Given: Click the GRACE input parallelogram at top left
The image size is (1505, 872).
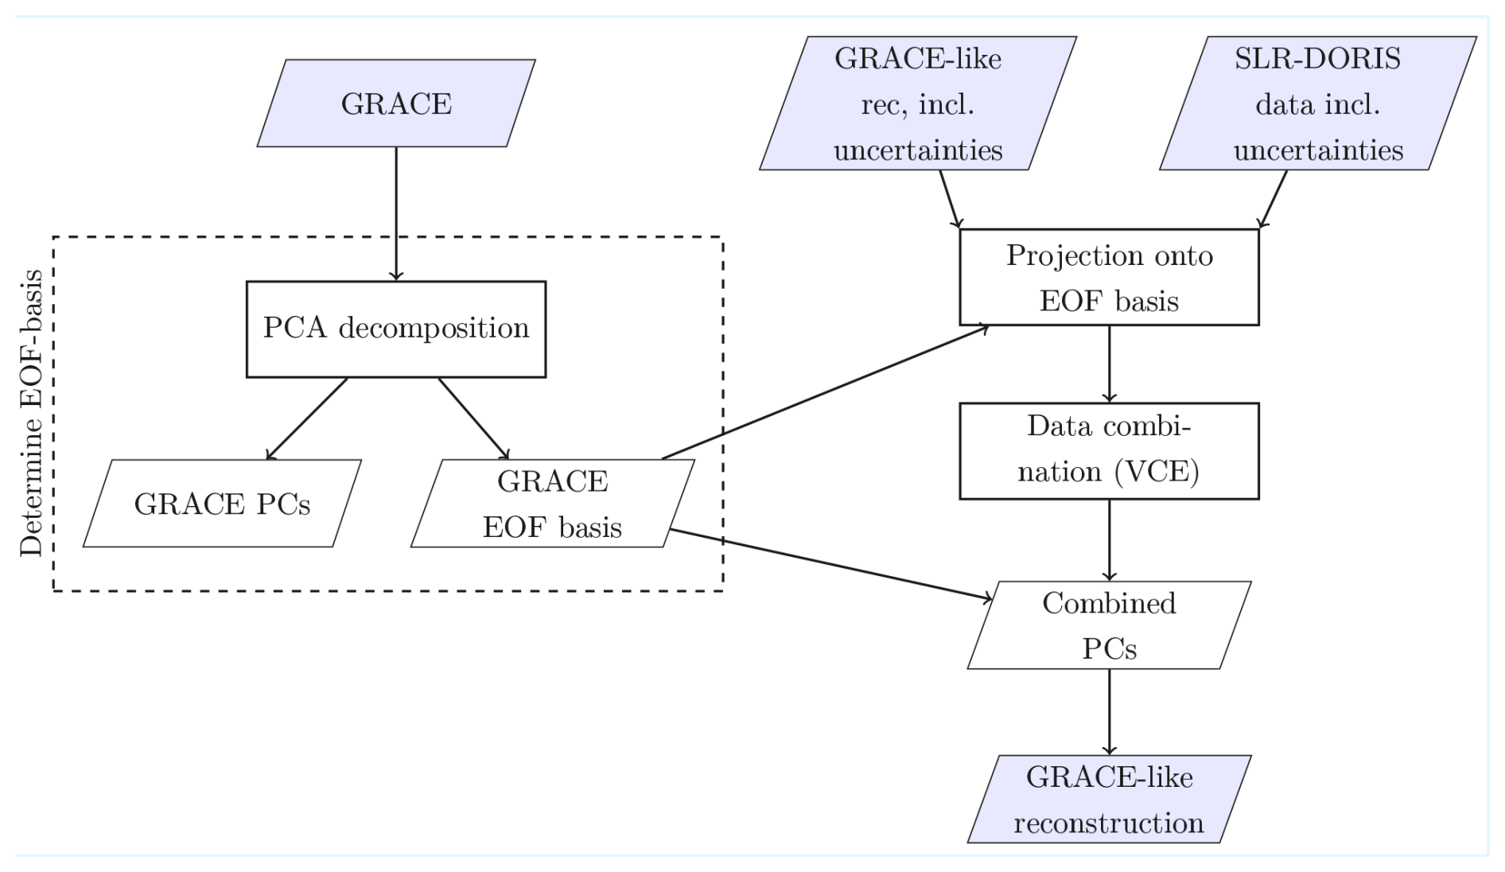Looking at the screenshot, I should pos(395,103).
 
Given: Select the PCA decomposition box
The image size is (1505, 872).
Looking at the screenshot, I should pos(395,329).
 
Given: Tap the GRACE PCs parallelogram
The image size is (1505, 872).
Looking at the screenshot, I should pos(222,504).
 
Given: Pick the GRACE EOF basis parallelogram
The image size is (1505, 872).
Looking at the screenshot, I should pos(552,504).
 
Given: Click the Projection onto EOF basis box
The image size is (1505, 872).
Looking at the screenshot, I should pos(1109,278).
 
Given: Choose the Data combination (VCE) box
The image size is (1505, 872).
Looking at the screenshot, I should pos(1109,451).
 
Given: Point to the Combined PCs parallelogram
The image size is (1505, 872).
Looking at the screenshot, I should pos(1109,625).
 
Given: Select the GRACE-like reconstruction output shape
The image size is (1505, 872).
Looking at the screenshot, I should pos(1109,799).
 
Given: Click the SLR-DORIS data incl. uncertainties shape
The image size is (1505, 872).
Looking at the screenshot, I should pos(1317,103).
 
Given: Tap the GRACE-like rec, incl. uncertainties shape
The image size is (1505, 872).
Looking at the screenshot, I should pos(917,103).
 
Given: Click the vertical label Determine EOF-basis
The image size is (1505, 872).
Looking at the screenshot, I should pos(32,414).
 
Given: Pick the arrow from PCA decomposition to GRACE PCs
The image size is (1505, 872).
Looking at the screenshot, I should pos(307,418).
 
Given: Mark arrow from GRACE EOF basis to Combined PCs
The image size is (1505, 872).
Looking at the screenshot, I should pos(831,563).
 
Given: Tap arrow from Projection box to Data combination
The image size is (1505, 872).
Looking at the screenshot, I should pos(1109,364).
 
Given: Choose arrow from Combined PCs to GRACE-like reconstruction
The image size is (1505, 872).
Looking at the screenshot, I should pos(1109,711).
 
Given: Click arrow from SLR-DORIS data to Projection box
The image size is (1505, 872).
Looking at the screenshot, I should pos(1274,199).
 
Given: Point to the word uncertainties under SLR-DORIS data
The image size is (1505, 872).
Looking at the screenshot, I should pos(1318,150).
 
